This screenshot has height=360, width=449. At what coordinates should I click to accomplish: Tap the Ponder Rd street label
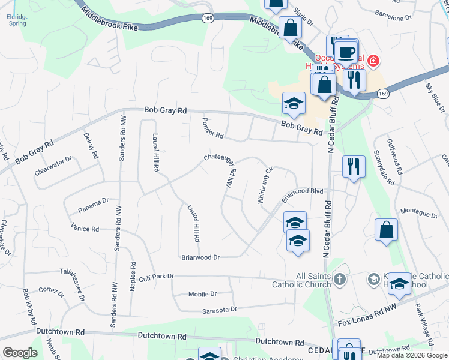point(212,126)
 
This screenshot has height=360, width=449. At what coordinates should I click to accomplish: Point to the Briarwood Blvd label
point(303,195)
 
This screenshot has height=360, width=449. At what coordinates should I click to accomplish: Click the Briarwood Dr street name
point(200,257)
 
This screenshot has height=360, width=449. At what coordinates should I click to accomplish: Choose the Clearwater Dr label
point(53,164)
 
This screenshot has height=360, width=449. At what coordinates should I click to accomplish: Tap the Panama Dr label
point(93,205)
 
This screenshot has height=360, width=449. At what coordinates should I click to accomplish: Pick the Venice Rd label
point(85,229)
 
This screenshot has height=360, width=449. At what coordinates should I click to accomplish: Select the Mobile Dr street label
point(202,294)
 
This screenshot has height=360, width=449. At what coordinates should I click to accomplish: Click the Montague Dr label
point(418,212)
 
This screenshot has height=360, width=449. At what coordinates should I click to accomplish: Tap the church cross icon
point(340,279)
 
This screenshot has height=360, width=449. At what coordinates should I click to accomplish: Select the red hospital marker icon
point(373,61)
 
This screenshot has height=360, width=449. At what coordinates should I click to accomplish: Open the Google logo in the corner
point(20,352)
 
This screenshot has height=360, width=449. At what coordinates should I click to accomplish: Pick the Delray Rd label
point(91,145)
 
